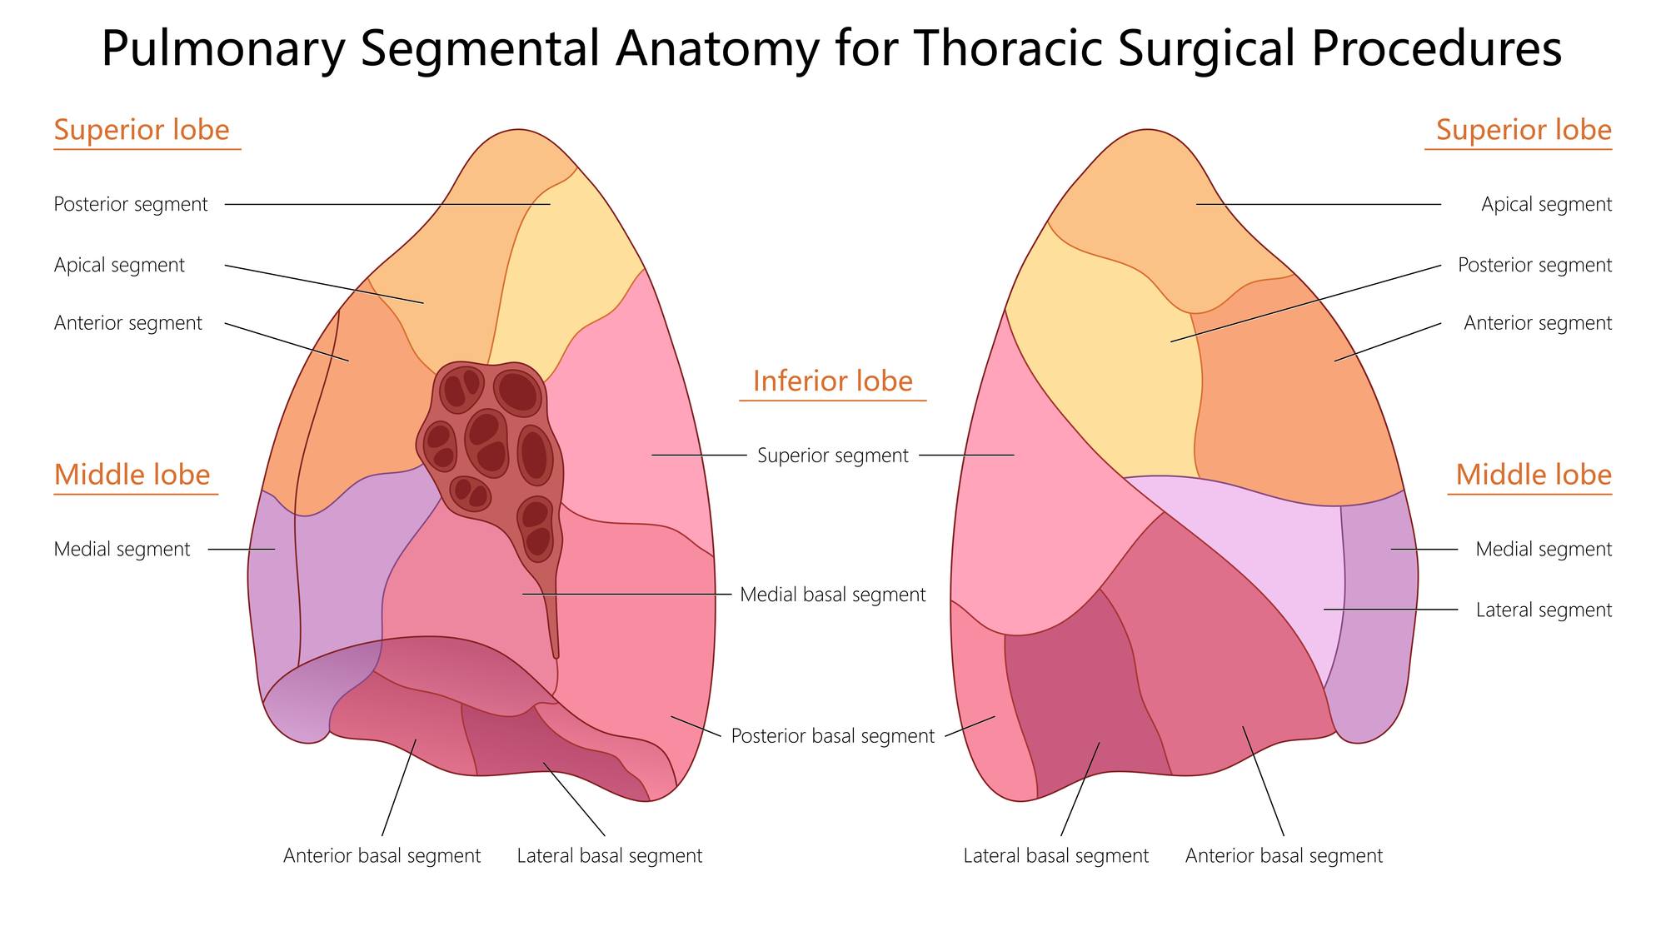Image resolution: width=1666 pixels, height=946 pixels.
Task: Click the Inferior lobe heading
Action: pyautogui.click(x=833, y=381)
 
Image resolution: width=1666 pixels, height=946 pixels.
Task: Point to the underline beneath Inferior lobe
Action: pyautogui.click(x=833, y=401)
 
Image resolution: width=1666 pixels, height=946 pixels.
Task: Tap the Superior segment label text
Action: pyautogui.click(x=833, y=456)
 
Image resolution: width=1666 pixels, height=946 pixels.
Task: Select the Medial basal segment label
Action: pyautogui.click(x=833, y=595)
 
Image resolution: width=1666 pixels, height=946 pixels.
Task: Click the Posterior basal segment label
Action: pyautogui.click(x=833, y=736)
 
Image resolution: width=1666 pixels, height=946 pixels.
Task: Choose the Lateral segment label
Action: pyautogui.click(x=1544, y=610)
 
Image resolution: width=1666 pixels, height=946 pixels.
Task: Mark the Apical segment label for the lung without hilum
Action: pyautogui.click(x=1546, y=205)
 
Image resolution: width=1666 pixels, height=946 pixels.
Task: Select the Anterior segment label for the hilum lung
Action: pyautogui.click(x=128, y=323)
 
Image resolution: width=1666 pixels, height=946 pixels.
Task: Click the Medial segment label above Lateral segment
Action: pyautogui.click(x=1544, y=550)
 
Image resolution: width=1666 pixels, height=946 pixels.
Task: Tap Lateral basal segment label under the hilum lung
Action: pyautogui.click(x=610, y=856)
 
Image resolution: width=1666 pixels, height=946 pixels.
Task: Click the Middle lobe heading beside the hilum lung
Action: pyautogui.click(x=132, y=475)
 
